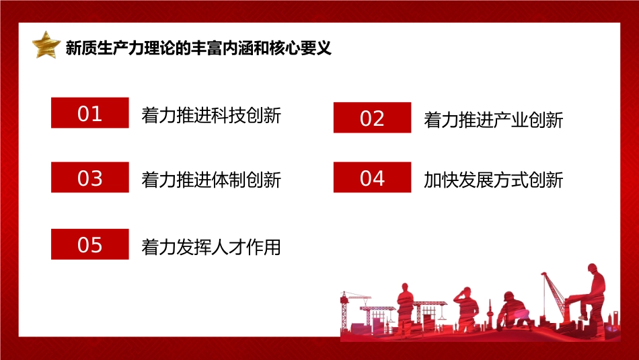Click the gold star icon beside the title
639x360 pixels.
click(x=46, y=44)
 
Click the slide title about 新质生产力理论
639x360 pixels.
click(x=198, y=48)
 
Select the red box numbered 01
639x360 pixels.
click(x=90, y=113)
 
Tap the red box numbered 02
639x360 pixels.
click(x=372, y=118)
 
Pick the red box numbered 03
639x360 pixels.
click(x=90, y=178)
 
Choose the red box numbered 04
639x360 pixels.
click(x=372, y=178)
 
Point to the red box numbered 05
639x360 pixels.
click(x=90, y=244)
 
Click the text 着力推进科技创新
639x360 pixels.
click(x=211, y=116)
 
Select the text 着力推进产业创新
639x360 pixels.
click(x=493, y=120)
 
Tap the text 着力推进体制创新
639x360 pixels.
click(x=211, y=180)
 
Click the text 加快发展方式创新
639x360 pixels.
click(x=493, y=180)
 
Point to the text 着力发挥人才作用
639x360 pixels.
click(x=211, y=247)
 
